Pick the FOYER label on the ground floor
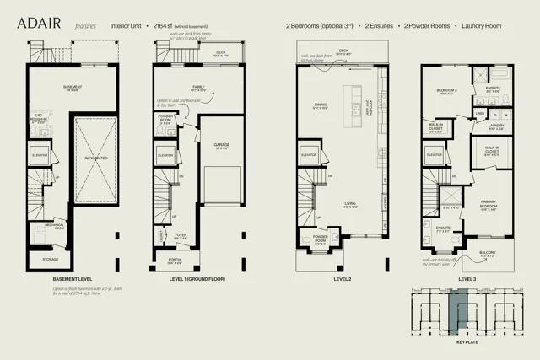181,235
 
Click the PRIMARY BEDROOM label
489,203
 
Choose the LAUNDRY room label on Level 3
495,126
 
